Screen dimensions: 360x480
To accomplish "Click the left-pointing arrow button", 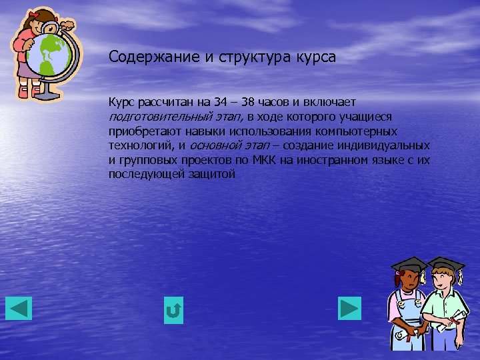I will click(19, 308).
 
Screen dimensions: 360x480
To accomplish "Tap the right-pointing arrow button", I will click(349, 308).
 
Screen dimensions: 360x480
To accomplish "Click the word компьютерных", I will click(363, 131).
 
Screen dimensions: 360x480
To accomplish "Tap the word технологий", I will click(141, 146).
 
